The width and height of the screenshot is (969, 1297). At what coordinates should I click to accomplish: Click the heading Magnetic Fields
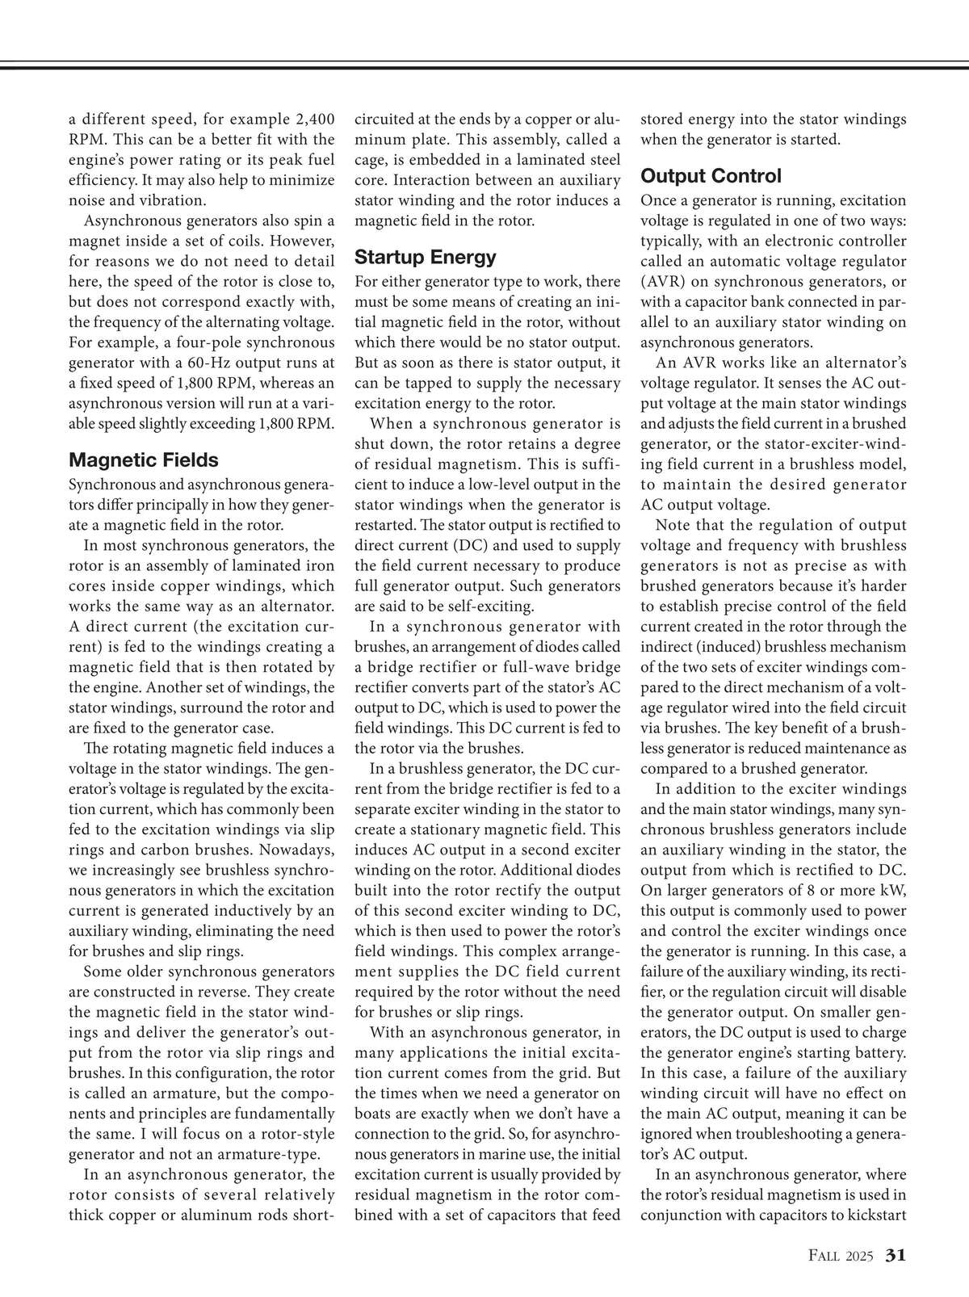144,460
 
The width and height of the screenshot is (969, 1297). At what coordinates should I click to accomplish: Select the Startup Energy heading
426,258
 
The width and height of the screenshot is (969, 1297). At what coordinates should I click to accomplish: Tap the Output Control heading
711,176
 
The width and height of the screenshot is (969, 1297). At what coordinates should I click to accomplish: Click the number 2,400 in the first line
311,120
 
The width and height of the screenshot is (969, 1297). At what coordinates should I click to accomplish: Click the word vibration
169,200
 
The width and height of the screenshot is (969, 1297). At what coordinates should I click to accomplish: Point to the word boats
373,1114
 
